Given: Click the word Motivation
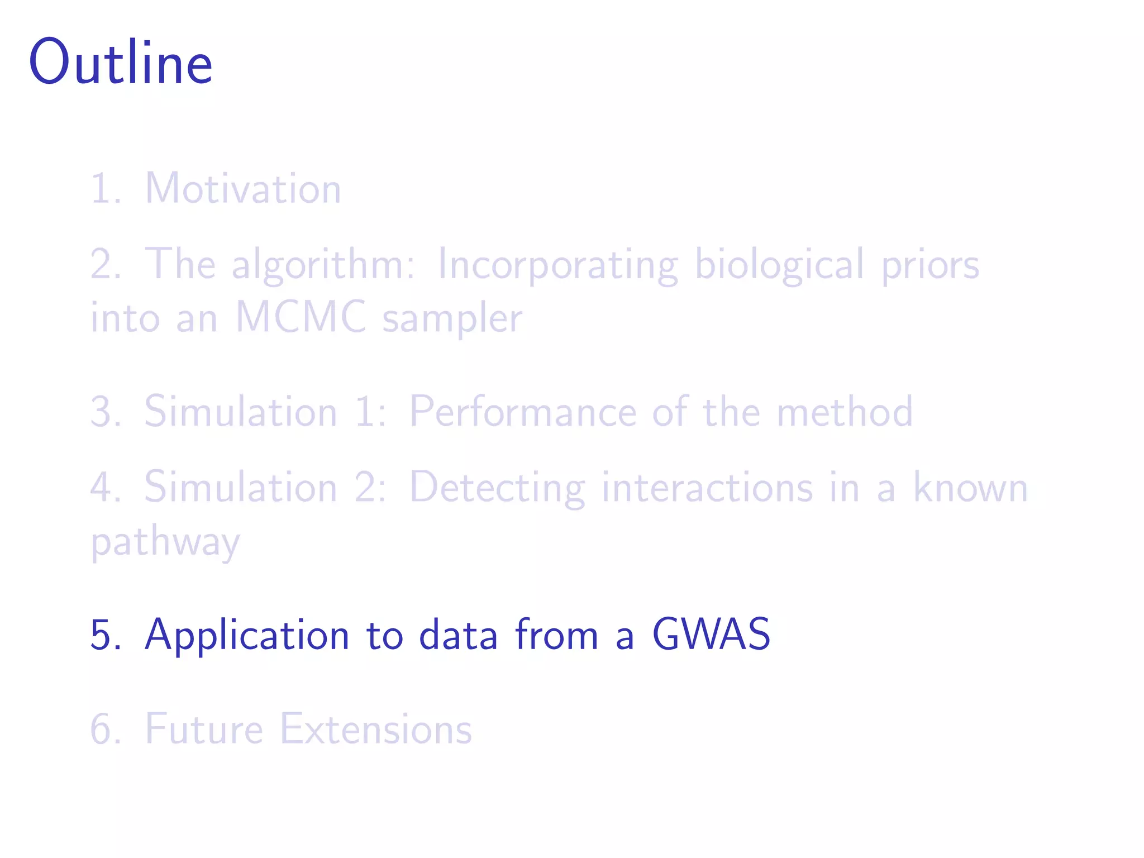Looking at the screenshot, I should tap(243, 188).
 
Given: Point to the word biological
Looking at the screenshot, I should tap(779, 264).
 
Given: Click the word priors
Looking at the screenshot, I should tap(930, 265).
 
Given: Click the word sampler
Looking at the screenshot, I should tap(452, 319).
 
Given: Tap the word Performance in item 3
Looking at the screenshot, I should tap(523, 412).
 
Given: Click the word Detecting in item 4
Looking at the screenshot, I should tap(497, 488).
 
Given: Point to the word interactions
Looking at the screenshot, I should tap(707, 488).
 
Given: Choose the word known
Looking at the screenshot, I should tap(970, 488).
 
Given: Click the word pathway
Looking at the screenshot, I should tap(165, 542).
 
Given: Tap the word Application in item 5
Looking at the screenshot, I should tap(247, 635).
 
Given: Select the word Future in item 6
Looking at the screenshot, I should tap(204, 729).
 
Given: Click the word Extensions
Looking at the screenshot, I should tap(375, 729).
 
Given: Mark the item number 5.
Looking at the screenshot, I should tap(103, 635).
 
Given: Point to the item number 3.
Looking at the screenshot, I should tap(103, 412).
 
